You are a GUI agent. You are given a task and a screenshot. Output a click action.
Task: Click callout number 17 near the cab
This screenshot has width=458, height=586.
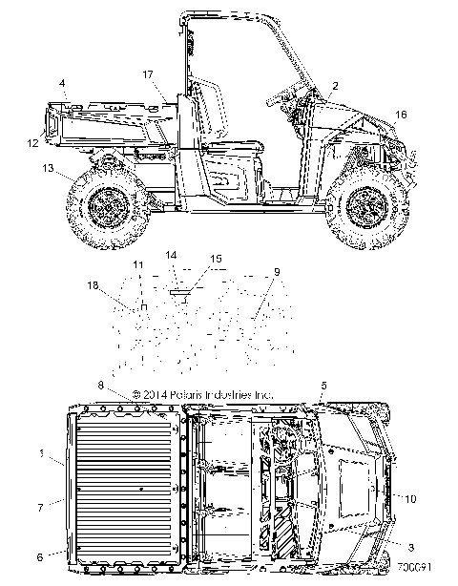tap(148, 74)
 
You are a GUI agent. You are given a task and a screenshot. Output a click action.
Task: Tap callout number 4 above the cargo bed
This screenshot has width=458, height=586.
tap(62, 83)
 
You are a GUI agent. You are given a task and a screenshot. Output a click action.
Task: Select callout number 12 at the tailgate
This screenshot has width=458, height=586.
tap(32, 143)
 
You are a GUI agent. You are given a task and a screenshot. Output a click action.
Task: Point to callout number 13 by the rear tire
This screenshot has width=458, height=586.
tap(49, 168)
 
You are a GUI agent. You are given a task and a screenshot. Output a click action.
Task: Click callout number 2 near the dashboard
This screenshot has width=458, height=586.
tap(335, 86)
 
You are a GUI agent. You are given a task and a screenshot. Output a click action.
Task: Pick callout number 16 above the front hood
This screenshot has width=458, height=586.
tap(401, 115)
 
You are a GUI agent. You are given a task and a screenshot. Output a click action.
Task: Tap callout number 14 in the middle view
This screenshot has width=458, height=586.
tap(171, 255)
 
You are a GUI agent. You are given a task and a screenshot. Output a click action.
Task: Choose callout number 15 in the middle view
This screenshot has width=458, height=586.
tap(216, 259)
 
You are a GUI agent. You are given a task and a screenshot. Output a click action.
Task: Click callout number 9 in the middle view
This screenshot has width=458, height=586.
tap(277, 272)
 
